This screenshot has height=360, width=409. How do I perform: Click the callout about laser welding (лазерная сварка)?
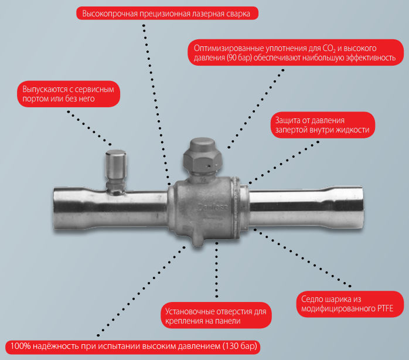167,13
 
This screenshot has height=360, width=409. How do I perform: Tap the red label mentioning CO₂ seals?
295,52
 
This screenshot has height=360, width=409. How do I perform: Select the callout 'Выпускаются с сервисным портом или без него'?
69,94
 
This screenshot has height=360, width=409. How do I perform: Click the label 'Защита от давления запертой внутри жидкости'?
323,125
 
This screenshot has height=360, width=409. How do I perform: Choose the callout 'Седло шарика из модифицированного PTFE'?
350,304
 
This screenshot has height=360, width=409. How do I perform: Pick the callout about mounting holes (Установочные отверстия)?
216,315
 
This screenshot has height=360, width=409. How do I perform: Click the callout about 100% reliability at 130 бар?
133,347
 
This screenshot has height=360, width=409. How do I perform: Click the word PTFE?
385,308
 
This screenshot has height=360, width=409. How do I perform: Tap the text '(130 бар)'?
240,347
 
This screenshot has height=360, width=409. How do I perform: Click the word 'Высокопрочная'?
110,13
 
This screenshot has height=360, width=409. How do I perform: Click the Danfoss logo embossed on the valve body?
213,208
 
